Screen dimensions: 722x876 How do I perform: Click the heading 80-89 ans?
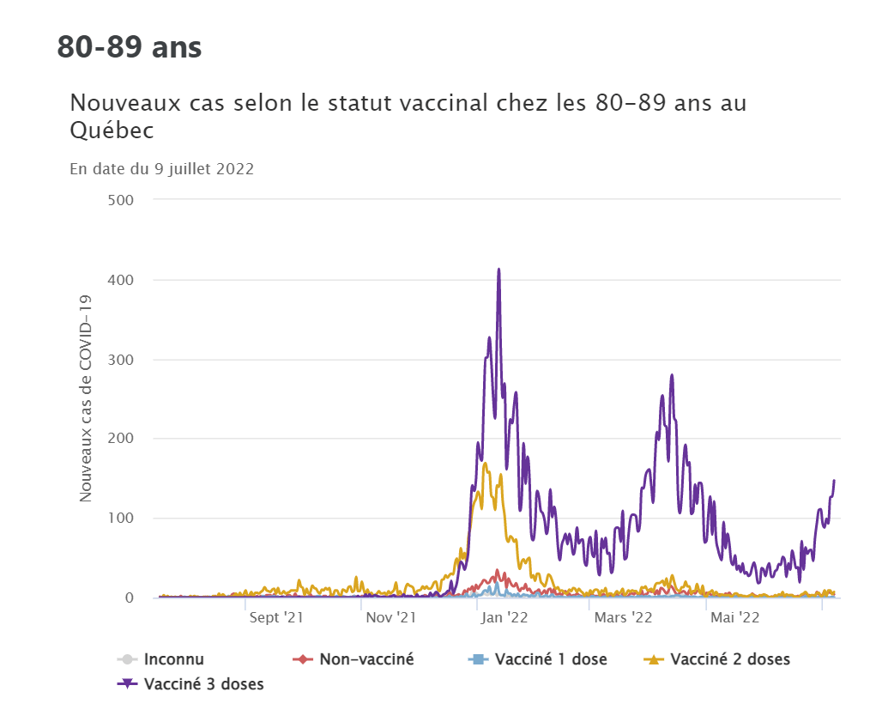(x=130, y=47)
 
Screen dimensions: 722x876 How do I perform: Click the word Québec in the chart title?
(x=112, y=131)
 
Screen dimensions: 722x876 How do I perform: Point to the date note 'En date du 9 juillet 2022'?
(x=161, y=169)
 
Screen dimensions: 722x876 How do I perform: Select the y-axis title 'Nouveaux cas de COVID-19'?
(x=86, y=398)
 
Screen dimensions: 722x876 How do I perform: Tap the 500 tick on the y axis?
(x=123, y=200)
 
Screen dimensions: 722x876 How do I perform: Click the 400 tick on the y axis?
(x=123, y=280)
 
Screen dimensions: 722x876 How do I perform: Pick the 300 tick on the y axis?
(x=123, y=360)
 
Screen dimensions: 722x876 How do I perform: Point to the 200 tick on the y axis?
(x=123, y=439)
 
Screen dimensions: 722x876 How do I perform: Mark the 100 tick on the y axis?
(x=123, y=519)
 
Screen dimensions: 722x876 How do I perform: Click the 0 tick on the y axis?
(x=130, y=598)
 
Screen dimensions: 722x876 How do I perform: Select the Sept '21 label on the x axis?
(x=276, y=617)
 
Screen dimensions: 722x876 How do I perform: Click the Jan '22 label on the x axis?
(x=504, y=617)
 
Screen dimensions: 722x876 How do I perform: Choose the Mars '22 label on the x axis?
(x=622, y=617)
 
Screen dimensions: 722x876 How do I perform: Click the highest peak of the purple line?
(x=498, y=270)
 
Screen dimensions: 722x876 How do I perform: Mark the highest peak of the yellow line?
(x=486, y=464)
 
